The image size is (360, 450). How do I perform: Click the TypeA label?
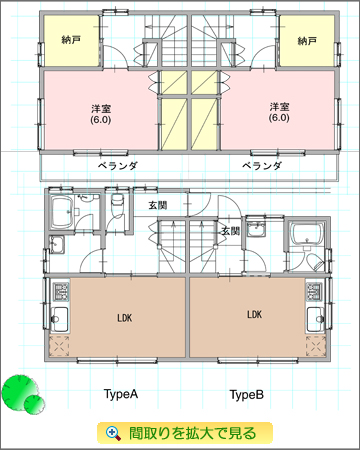pos(121,394)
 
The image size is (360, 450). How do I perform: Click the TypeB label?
pos(247,395)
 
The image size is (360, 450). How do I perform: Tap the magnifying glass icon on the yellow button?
pos(114,433)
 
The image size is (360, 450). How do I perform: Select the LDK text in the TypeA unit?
pos(125,318)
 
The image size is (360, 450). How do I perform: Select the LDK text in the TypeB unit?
pos(254,314)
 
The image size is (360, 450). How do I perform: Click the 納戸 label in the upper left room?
pos(71,40)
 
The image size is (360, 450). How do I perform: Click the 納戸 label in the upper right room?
pos(307,41)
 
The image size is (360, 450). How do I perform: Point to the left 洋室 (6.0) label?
pos(101,114)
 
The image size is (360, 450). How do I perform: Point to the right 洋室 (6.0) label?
pos(279,112)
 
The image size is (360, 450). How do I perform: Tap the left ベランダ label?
pos(118,166)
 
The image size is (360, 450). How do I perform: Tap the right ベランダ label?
pos(262,166)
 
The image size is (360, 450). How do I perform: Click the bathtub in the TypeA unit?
pos(61,211)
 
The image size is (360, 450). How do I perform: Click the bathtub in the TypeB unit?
pos(307,234)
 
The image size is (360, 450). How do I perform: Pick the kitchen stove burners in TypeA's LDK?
pos(61,291)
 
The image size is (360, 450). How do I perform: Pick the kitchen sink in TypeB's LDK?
pos(315,320)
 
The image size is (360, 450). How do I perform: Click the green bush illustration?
pos(23,393)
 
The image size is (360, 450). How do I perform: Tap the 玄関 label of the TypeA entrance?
pos(158,205)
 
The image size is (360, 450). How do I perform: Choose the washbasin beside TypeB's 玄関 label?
pos(256,229)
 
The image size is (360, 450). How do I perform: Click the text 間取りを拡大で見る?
pos(192,433)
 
